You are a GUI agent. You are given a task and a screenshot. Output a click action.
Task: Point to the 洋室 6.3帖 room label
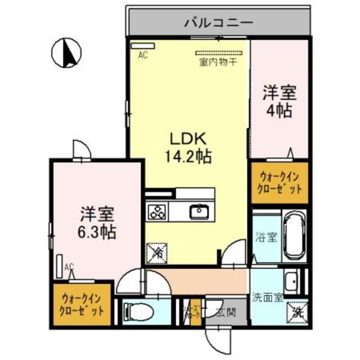point(97,223)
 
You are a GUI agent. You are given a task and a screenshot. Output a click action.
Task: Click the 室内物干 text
point(217,62)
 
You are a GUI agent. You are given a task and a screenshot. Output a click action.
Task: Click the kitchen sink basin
point(199,211)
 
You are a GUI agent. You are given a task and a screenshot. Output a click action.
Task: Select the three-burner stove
point(157,212)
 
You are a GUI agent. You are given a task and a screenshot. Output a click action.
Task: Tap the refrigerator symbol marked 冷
point(157,252)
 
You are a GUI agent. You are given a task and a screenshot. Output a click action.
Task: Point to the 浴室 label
point(266,237)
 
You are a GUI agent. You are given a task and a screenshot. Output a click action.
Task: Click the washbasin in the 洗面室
point(291,279)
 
